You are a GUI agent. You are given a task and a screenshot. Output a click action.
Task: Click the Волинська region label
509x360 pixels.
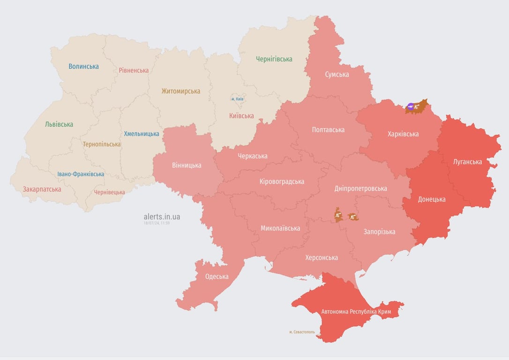(83, 67)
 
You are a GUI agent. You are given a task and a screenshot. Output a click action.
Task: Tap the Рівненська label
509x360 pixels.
(134, 70)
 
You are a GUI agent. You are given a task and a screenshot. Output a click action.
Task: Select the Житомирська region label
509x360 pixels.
(180, 91)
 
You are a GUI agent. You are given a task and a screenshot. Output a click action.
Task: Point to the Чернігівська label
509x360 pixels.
(274, 59)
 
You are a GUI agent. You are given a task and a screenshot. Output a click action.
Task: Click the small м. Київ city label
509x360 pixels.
(238, 99)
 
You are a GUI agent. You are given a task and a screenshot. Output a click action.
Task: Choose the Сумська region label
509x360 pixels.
(337, 75)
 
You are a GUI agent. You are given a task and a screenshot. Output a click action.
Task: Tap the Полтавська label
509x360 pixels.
(328, 130)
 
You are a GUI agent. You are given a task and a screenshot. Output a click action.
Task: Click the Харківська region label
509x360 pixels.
(403, 134)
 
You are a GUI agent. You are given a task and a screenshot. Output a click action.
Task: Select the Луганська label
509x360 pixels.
(467, 162)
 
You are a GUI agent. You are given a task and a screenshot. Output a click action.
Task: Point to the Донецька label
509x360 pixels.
(432, 199)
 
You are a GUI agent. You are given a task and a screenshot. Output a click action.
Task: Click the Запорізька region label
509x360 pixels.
(379, 232)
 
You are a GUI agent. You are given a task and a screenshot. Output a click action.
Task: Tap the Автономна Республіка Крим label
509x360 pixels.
(356, 311)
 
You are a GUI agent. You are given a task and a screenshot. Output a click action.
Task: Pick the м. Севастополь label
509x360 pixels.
(302, 332)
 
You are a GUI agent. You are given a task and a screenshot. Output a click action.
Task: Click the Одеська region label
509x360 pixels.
(217, 277)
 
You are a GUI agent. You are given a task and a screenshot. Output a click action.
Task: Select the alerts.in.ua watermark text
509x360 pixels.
(162, 217)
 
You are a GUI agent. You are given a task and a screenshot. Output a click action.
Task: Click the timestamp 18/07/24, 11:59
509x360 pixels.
(157, 223)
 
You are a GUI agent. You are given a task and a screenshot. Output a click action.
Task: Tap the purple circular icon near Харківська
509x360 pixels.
(411, 106)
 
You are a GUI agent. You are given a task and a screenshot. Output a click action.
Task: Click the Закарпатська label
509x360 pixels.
(42, 189)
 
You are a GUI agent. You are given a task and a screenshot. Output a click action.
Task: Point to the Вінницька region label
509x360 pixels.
(187, 165)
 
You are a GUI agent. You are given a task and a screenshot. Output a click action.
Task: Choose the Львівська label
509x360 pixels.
(59, 125)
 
